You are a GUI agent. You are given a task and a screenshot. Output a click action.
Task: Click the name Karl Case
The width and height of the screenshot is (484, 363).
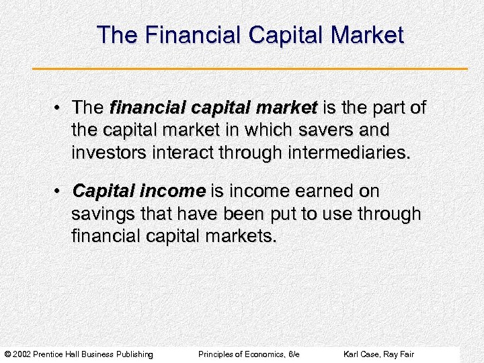coord(360,354)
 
